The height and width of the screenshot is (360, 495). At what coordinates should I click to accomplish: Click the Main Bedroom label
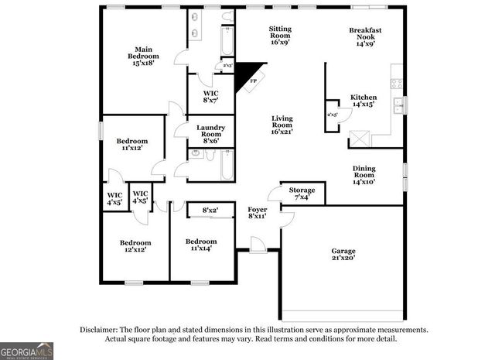coord(143,57)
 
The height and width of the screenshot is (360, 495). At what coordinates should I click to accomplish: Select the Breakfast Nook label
coord(365,36)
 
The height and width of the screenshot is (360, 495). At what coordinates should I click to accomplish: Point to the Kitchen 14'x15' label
coord(364,100)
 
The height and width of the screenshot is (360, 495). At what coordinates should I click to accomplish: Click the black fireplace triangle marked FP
coord(249,76)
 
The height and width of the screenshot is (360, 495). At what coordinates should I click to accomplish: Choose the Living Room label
coord(282,125)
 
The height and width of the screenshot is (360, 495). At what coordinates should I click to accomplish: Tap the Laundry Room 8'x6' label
coord(210,133)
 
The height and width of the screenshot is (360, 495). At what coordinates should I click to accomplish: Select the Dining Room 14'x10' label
coord(364,175)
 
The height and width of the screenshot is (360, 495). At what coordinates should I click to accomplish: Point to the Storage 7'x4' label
coord(302,194)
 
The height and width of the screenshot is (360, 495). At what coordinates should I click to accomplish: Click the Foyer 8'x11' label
coord(257,213)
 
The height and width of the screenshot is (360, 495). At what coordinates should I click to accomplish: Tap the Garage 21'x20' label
coord(343,255)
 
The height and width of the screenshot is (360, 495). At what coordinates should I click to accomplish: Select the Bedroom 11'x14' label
coord(200,245)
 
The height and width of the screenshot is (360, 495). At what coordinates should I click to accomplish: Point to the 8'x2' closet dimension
coord(210,211)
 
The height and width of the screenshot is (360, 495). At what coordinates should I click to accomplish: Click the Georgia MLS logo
coord(26,350)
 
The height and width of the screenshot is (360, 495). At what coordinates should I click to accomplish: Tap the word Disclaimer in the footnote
coord(99,329)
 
